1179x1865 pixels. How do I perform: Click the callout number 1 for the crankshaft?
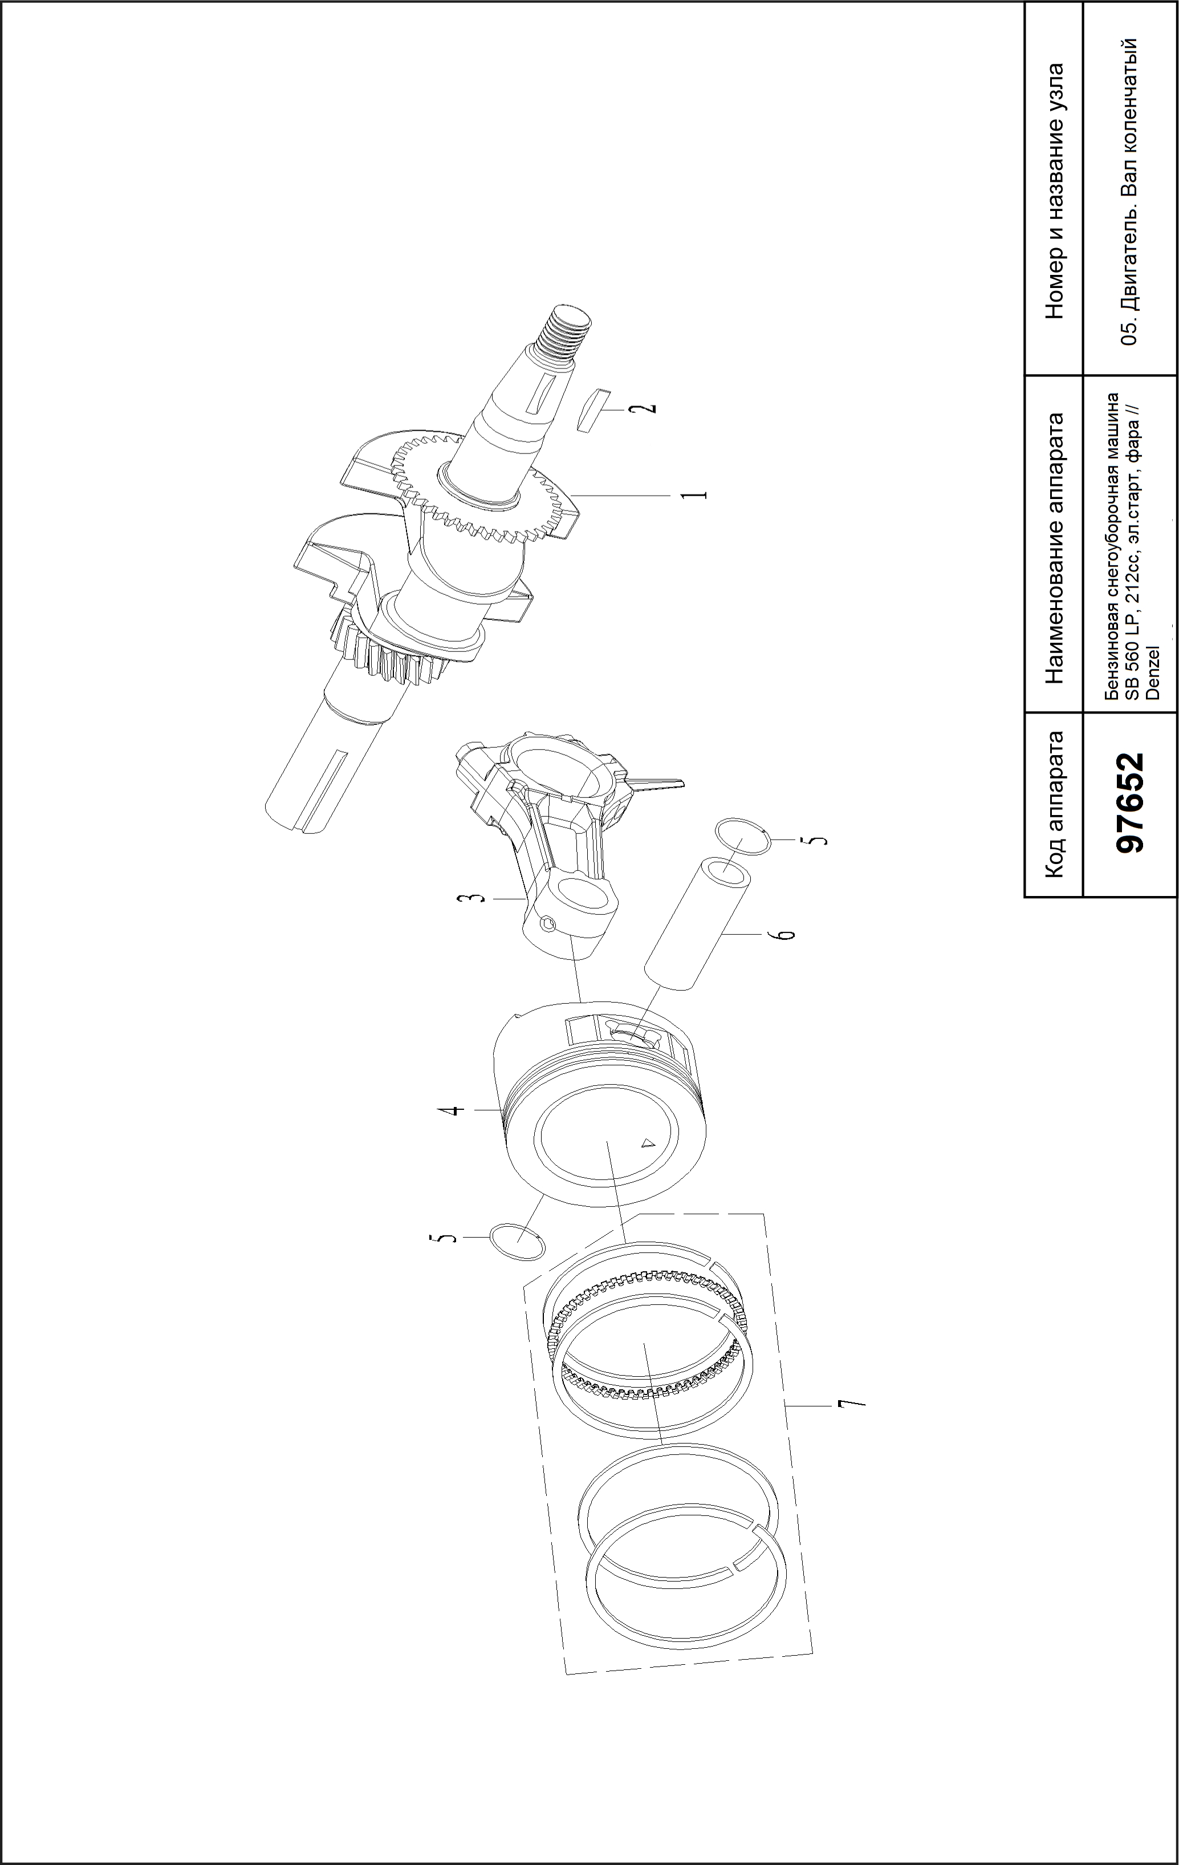pos(698,493)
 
